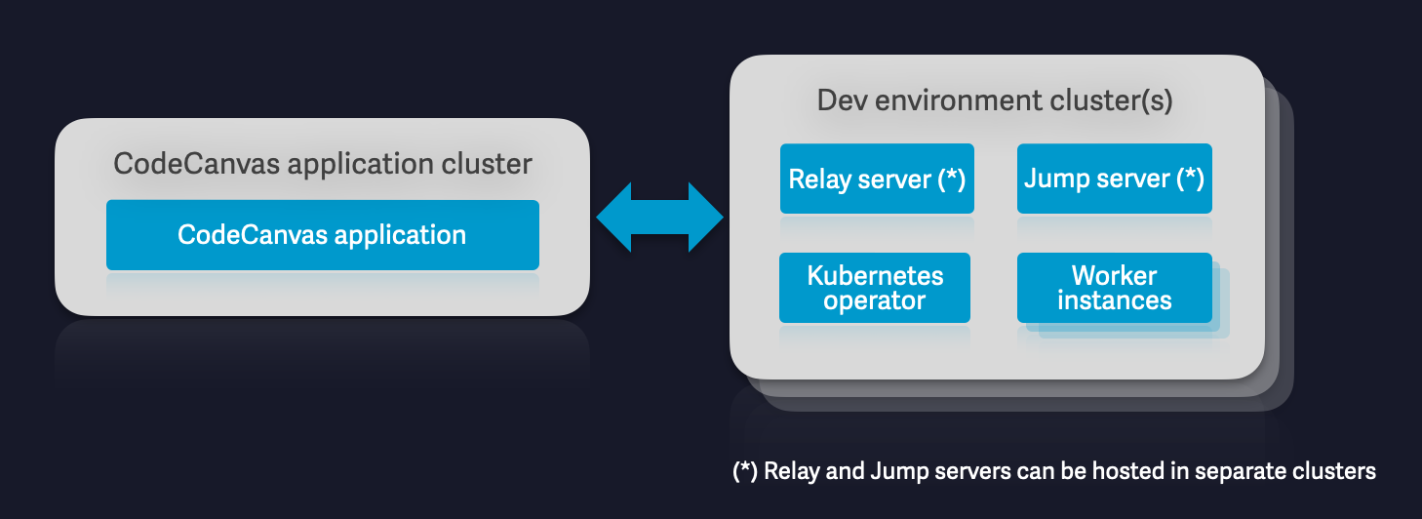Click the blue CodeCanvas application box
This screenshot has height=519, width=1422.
point(322,235)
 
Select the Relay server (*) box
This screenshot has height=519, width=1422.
point(876,179)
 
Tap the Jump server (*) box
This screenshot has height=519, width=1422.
point(1114,179)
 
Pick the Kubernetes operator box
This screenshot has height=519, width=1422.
point(875,288)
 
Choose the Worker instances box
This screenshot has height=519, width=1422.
point(1114,288)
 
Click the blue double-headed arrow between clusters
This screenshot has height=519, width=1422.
point(659,217)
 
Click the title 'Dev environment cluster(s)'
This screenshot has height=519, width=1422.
point(995,100)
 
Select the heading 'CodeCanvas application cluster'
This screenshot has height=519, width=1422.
point(323,163)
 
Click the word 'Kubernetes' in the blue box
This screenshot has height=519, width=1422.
point(875,275)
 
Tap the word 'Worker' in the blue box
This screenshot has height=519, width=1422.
point(1114,275)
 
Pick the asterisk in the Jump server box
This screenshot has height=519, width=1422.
point(1190,179)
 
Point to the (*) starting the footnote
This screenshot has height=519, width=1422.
point(745,471)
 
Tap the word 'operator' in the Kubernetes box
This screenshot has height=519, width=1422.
point(874,300)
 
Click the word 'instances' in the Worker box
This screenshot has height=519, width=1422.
point(1114,300)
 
